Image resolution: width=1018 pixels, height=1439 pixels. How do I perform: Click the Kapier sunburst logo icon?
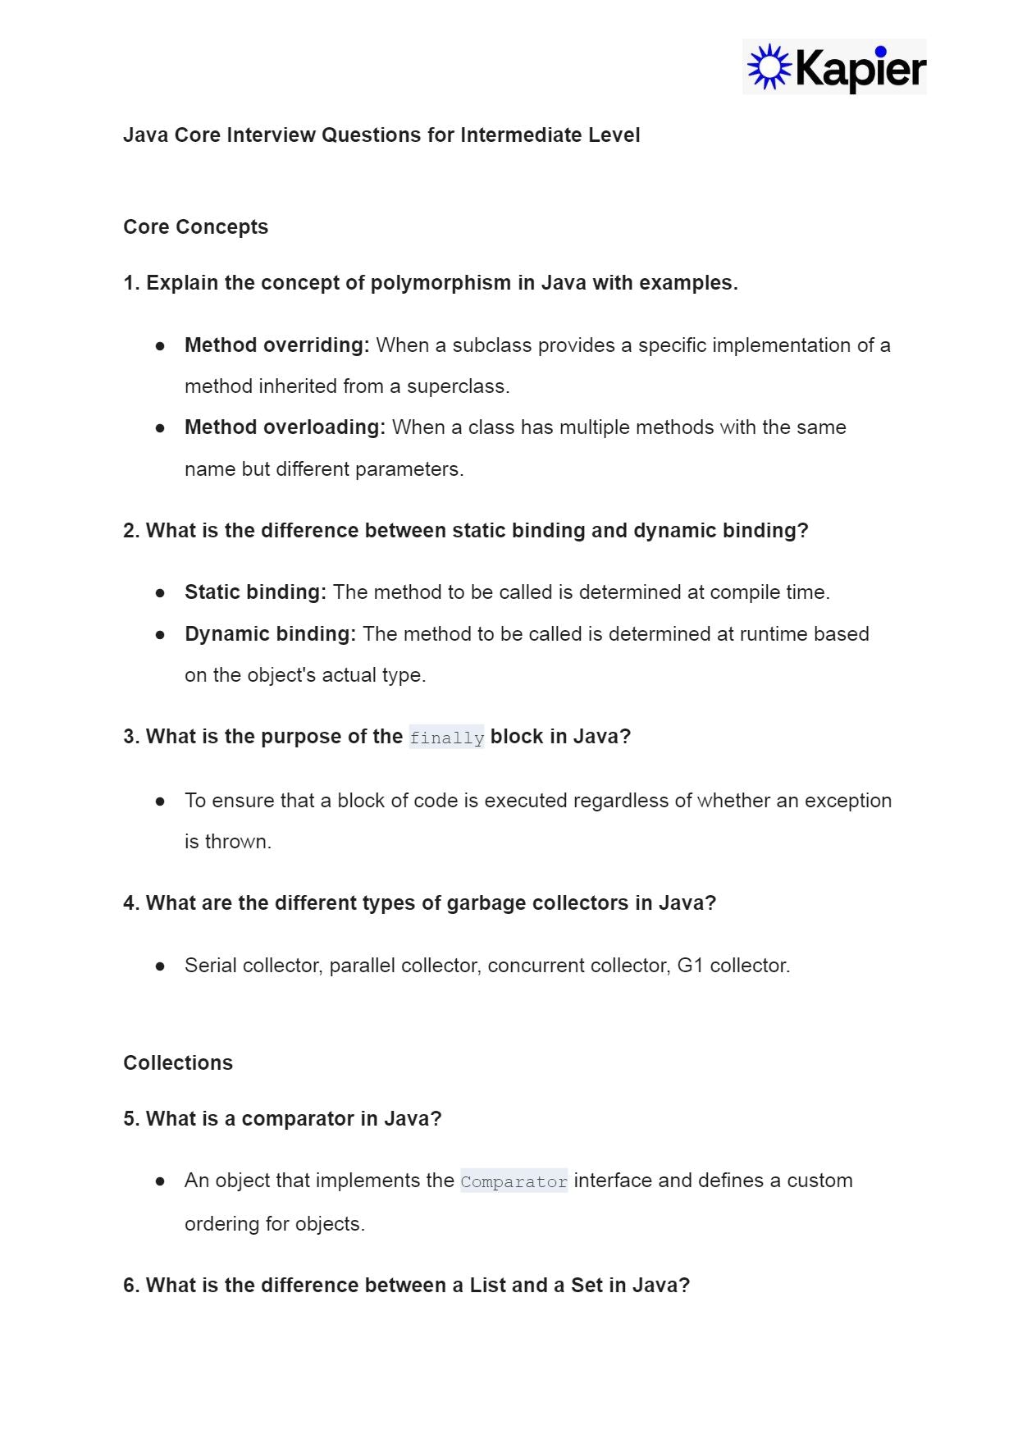pos(769,67)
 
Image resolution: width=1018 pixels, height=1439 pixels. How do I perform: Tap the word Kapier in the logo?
pos(861,68)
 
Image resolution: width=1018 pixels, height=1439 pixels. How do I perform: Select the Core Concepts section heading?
pos(195,227)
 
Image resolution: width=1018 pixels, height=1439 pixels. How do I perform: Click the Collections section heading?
pos(178,1063)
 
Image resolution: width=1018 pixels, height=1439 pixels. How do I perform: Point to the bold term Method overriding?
pos(277,345)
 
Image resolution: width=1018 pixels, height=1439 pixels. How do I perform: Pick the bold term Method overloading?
pos(285,427)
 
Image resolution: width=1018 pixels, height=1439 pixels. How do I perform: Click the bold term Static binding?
pos(255,592)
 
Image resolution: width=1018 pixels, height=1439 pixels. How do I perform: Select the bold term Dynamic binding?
pos(270,634)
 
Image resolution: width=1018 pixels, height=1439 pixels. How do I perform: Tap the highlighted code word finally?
pos(446,738)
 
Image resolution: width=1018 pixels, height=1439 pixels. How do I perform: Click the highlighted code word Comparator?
pos(514,1181)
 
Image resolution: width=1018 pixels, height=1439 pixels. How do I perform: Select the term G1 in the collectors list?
pos(690,966)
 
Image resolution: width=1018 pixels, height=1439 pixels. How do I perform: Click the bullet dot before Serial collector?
pos(160,966)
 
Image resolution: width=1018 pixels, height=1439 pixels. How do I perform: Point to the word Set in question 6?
pos(587,1286)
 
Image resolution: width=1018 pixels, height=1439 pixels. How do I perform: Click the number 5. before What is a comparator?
pos(131,1119)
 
